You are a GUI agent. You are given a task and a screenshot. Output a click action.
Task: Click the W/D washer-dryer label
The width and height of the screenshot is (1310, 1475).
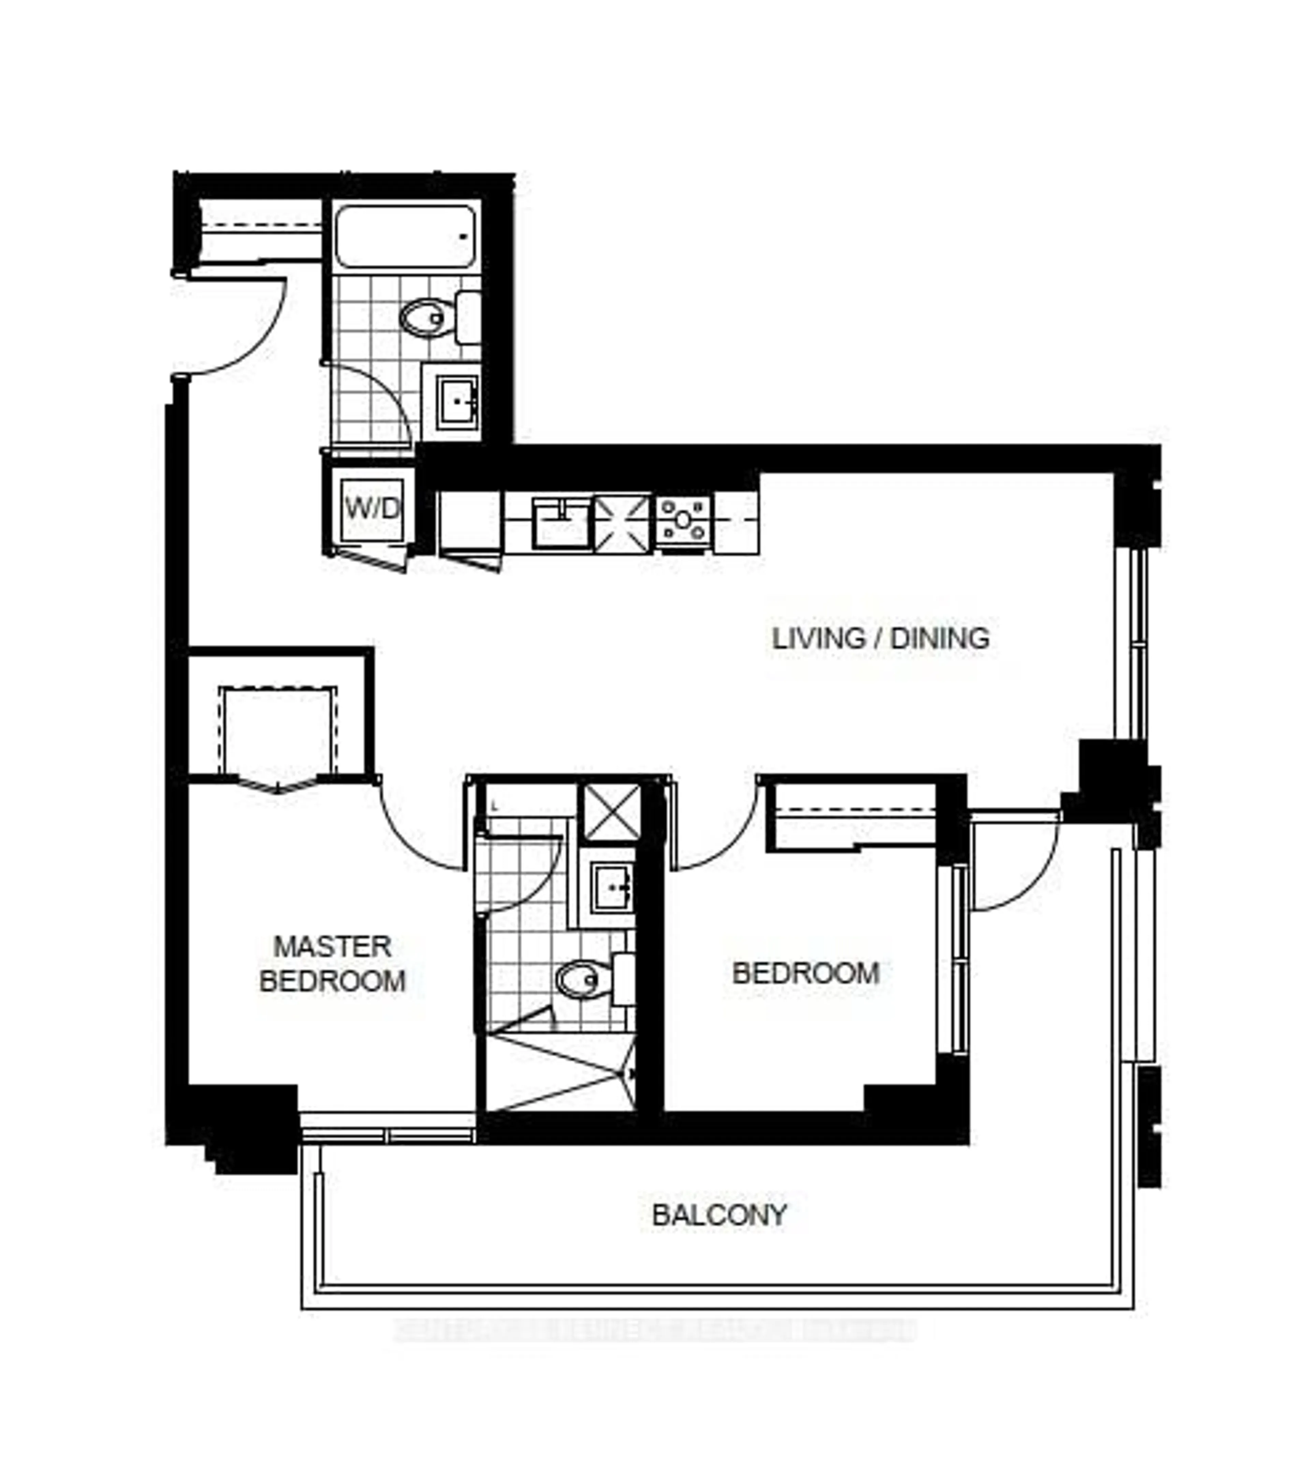pos(372,509)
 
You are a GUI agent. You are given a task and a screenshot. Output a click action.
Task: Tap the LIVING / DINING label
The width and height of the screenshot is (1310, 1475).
pos(880,639)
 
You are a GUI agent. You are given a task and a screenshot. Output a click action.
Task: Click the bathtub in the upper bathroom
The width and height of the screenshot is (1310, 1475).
pos(405,237)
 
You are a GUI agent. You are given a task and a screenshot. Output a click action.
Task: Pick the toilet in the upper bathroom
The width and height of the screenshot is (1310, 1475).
pos(427,317)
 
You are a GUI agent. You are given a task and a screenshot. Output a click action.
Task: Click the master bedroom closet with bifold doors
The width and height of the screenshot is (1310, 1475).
pos(278,733)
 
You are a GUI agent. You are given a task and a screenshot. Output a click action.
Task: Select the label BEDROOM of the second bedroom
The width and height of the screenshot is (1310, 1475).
pos(806,973)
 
